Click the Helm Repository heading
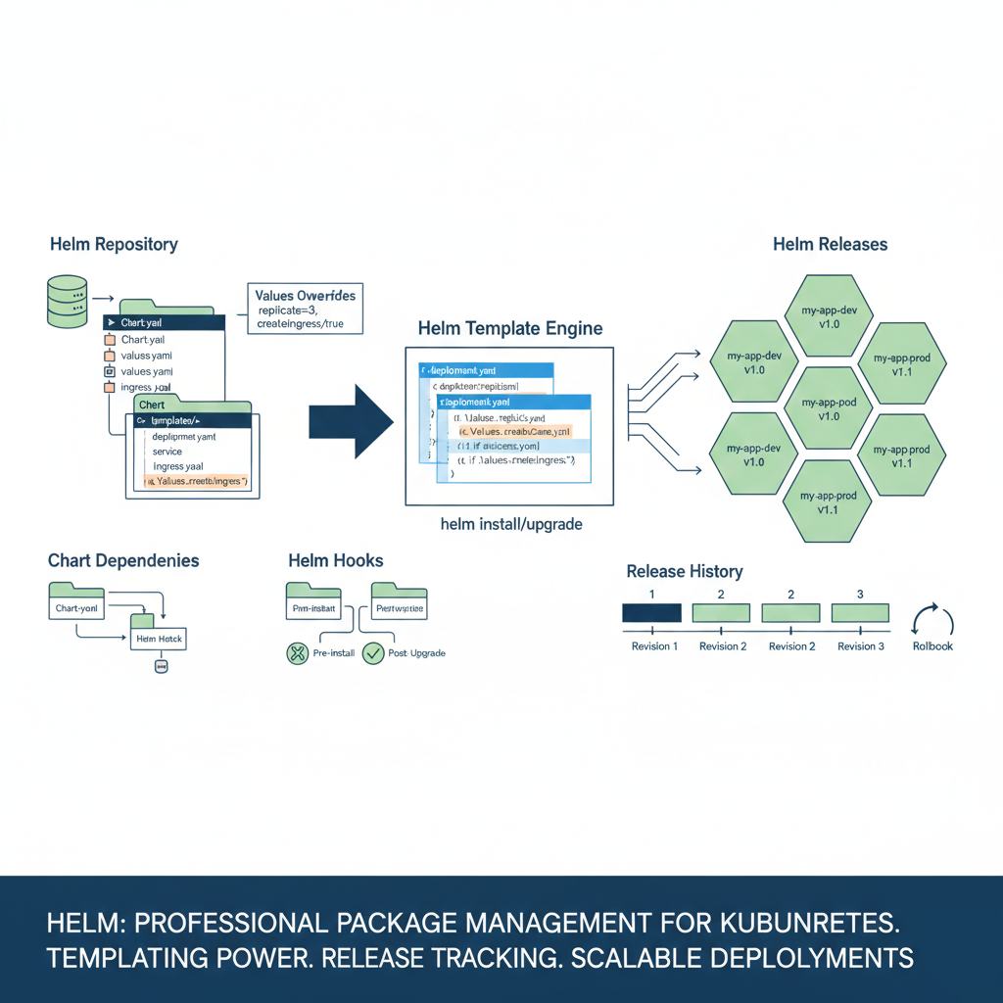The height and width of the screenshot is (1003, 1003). (x=114, y=244)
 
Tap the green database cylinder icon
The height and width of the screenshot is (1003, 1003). (x=67, y=302)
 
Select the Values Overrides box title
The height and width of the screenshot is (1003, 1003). (x=305, y=295)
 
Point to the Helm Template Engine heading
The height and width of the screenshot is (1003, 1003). (x=509, y=328)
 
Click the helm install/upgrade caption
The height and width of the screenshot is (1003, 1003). (x=511, y=524)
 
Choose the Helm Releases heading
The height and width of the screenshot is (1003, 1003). (x=830, y=244)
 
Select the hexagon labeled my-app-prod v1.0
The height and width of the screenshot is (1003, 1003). (x=829, y=409)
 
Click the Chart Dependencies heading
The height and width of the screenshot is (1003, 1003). (x=123, y=561)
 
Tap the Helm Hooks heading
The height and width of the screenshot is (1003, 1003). (x=336, y=561)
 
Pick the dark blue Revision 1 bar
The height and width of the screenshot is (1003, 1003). (x=652, y=613)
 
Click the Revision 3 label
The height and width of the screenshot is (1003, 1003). (x=860, y=646)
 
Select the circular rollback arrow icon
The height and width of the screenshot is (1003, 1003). (x=931, y=621)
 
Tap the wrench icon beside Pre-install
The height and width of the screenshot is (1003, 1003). (x=298, y=653)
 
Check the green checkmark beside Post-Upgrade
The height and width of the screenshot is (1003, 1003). (x=373, y=653)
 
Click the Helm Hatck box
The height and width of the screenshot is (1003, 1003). (x=159, y=639)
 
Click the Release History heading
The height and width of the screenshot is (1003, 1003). (x=685, y=571)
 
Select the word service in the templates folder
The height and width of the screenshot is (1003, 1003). (x=167, y=452)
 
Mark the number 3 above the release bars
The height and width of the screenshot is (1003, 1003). (x=860, y=595)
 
